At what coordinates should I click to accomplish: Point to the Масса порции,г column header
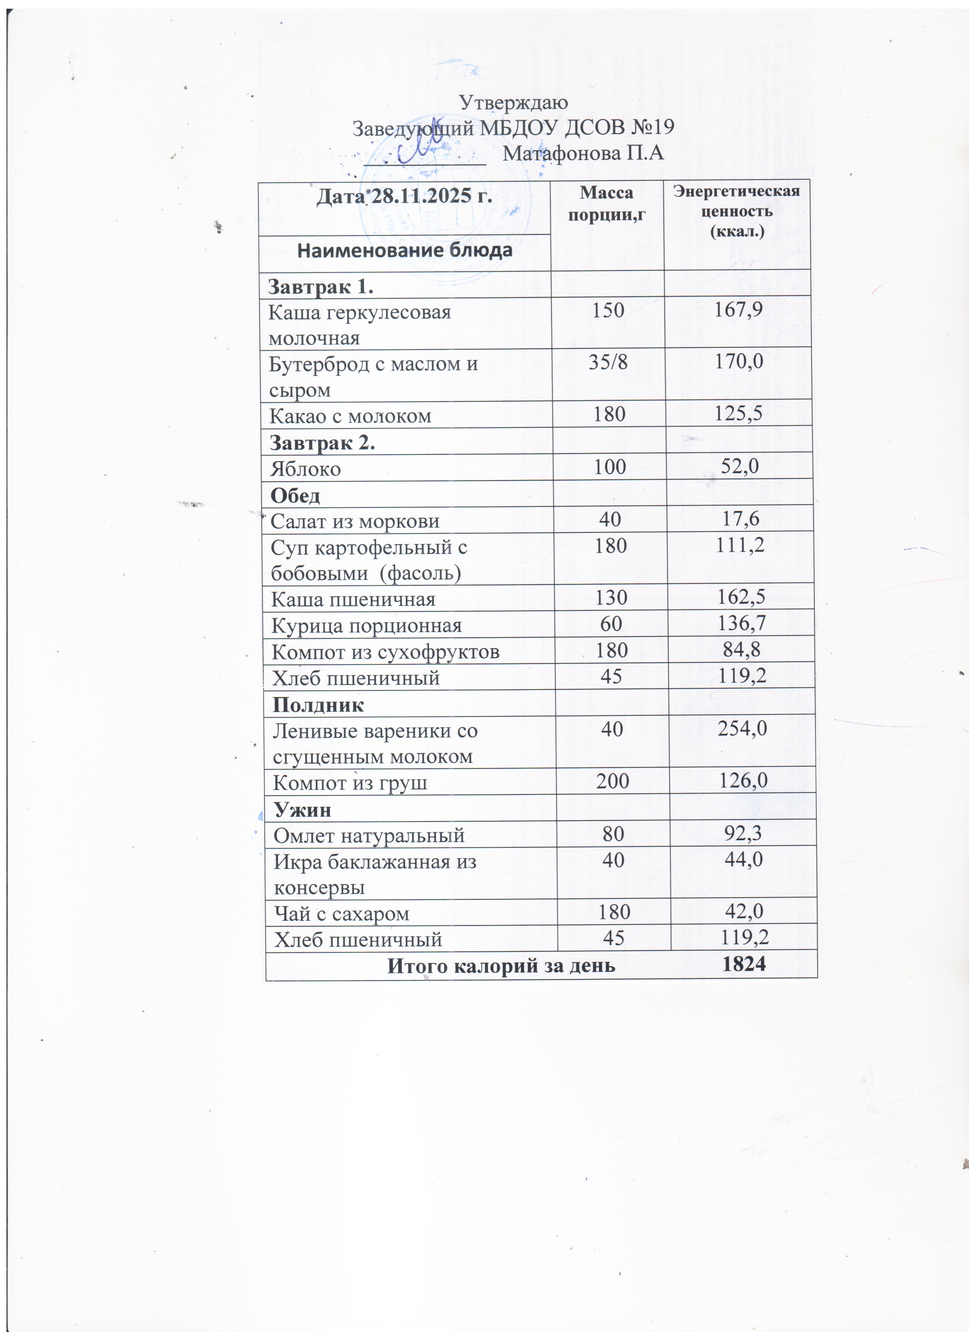[x=607, y=203]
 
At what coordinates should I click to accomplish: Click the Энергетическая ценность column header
[x=736, y=210]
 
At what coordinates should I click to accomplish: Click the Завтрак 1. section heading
[x=321, y=287]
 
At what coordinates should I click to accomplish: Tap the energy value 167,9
[x=738, y=309]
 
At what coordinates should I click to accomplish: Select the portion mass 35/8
[x=608, y=362]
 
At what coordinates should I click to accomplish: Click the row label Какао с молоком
[x=350, y=416]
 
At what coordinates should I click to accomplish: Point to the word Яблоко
[x=305, y=469]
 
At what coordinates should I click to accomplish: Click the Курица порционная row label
[x=366, y=625]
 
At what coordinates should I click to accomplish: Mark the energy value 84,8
[x=741, y=650]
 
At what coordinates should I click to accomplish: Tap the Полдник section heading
[x=318, y=705]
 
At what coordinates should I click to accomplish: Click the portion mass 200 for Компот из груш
[x=612, y=781]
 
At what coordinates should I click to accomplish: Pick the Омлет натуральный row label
[x=369, y=835]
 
